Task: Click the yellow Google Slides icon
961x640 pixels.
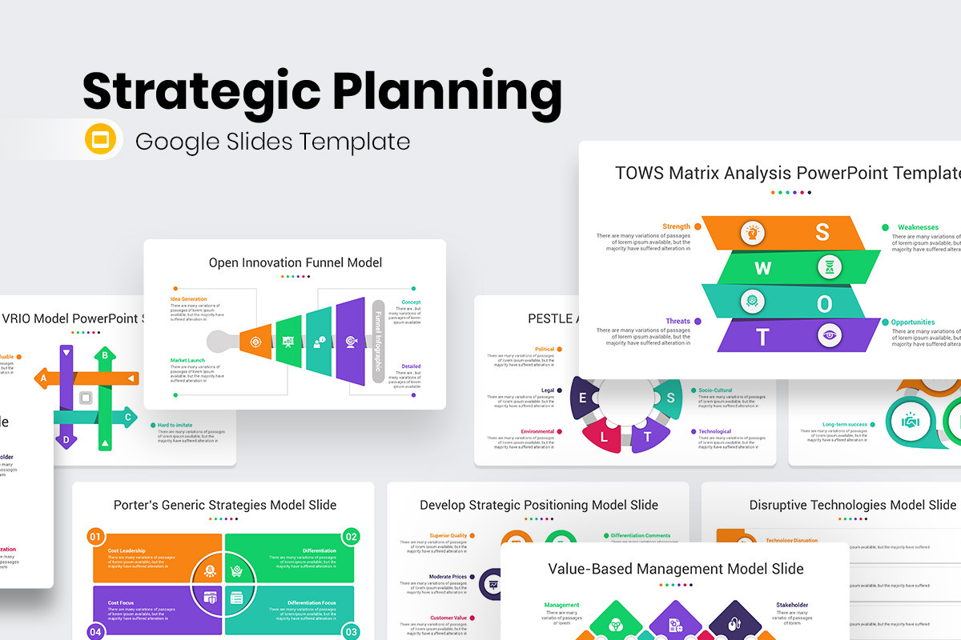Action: point(100,141)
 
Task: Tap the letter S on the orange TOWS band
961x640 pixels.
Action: point(822,232)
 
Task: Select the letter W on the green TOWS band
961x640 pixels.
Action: point(762,268)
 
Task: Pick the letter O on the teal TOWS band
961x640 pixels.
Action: point(822,302)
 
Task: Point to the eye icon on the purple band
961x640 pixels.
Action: point(830,335)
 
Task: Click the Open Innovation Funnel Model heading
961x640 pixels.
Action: point(296,262)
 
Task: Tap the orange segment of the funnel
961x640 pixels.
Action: point(255,342)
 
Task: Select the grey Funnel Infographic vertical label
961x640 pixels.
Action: point(378,342)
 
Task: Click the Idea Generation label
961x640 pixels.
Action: point(188,299)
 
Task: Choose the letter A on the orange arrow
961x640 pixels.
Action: point(44,378)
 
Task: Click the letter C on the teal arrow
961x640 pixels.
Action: point(127,416)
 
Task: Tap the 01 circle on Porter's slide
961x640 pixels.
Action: point(94,536)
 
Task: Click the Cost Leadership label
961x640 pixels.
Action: point(127,550)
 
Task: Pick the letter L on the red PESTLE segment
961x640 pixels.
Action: point(604,438)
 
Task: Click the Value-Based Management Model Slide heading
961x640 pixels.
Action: point(675,569)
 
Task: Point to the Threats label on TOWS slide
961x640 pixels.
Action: point(678,321)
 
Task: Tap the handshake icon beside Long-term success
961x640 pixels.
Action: point(911,421)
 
